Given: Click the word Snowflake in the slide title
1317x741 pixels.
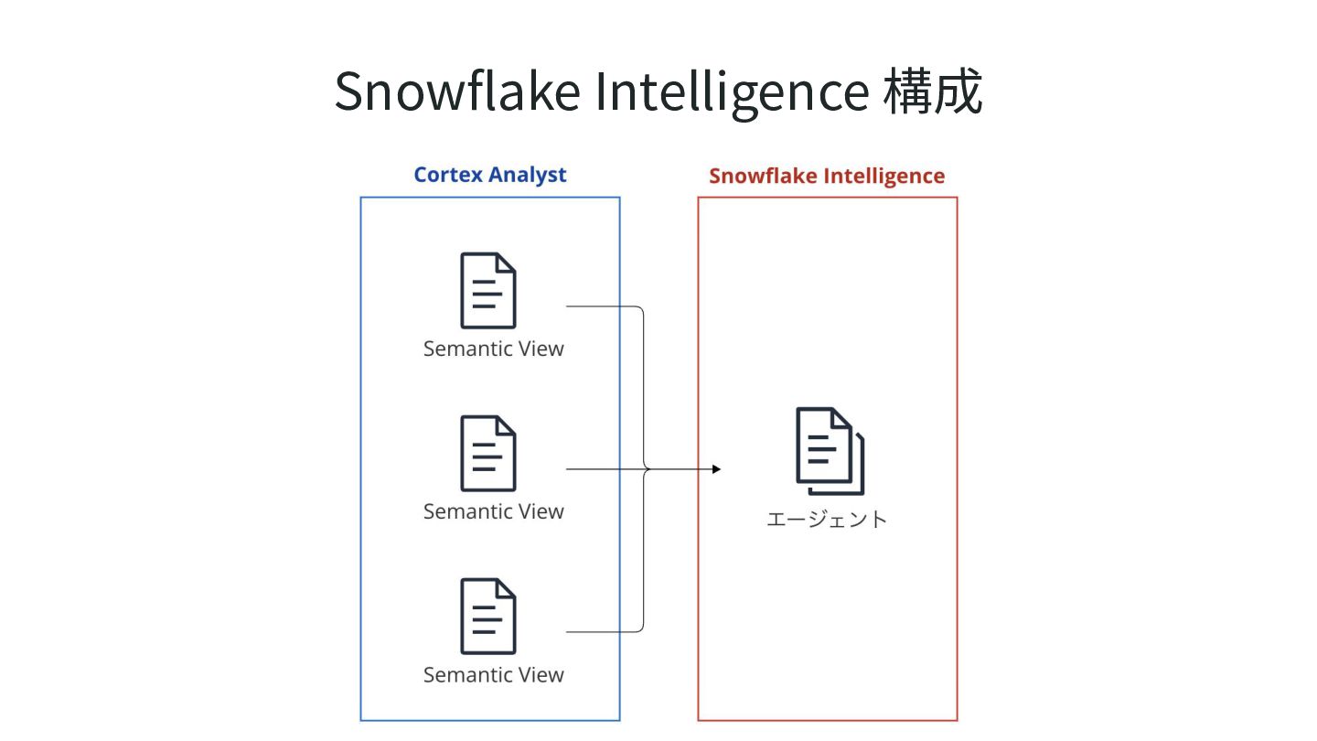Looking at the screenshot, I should (x=457, y=91).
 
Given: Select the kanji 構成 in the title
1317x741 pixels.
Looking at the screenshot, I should (x=933, y=91).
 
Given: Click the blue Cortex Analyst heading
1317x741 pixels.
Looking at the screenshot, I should (x=490, y=175).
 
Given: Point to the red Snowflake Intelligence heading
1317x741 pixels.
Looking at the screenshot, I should (x=827, y=176).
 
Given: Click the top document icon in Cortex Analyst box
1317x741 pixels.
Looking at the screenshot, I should (x=488, y=291).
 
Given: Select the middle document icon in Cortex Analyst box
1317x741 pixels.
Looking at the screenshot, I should (x=488, y=454).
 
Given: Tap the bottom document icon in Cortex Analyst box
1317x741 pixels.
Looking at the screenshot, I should (x=488, y=617).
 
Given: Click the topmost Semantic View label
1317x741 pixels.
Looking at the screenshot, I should (x=494, y=349).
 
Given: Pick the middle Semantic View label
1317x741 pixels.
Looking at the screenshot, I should (x=494, y=511).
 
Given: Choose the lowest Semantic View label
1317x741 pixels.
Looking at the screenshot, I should (x=494, y=674).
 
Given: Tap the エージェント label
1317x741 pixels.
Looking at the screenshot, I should (x=827, y=520).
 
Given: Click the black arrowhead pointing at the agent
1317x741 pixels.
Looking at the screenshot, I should (x=716, y=469).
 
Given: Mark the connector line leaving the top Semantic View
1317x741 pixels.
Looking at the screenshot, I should (x=604, y=306).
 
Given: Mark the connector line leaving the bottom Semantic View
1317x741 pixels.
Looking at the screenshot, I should (x=604, y=631).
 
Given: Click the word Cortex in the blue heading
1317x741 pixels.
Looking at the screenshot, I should (x=448, y=175).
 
